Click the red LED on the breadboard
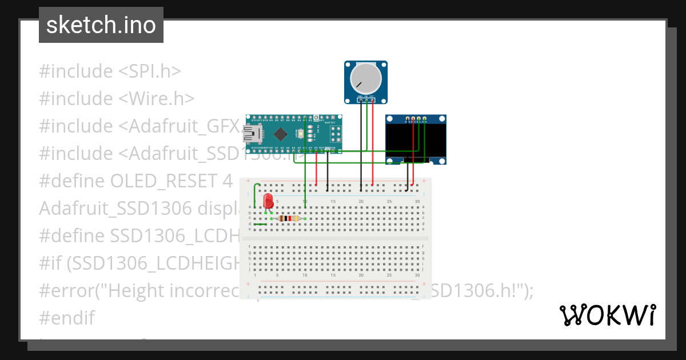268,201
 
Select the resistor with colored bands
289,218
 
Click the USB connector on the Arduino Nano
252,134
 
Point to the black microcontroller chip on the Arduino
280,134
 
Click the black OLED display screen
415,142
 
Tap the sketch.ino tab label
101,25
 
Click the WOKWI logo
607,315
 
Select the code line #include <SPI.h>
110,71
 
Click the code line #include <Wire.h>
117,99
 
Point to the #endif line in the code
67,318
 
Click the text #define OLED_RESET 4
136,181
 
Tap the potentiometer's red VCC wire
373,143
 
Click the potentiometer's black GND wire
361,143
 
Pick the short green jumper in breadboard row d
260,224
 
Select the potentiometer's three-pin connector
366,101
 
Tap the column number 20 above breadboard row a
361,201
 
